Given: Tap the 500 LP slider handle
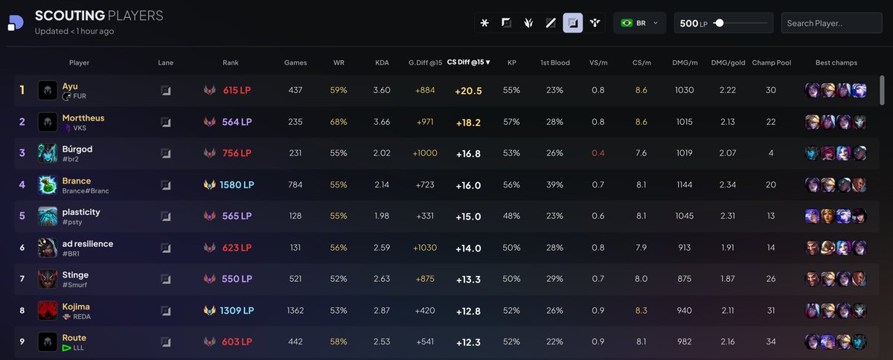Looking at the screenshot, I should [x=719, y=23].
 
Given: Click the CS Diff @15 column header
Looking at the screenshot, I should [x=468, y=62].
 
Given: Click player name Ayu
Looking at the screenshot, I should [x=70, y=86].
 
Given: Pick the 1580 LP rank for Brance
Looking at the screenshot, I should [x=237, y=184].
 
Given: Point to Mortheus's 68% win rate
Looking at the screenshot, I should [x=339, y=122].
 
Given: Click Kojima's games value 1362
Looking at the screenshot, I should [x=295, y=310].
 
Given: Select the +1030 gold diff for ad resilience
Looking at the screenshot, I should [x=426, y=248].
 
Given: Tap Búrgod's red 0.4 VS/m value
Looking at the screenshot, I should [x=598, y=153].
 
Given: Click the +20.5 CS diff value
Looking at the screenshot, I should [x=468, y=91].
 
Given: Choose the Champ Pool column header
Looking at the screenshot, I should [x=771, y=62].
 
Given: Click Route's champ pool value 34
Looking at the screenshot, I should [x=771, y=342].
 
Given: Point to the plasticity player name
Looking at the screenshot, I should [x=81, y=212].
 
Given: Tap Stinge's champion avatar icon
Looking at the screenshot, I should [x=48, y=279].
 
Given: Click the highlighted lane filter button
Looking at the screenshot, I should [x=573, y=23].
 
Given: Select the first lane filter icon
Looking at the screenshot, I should [x=485, y=23].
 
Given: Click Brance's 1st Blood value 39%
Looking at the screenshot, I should [x=554, y=184].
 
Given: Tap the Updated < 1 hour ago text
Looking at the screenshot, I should [x=74, y=31].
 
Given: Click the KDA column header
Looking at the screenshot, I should [x=382, y=62].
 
